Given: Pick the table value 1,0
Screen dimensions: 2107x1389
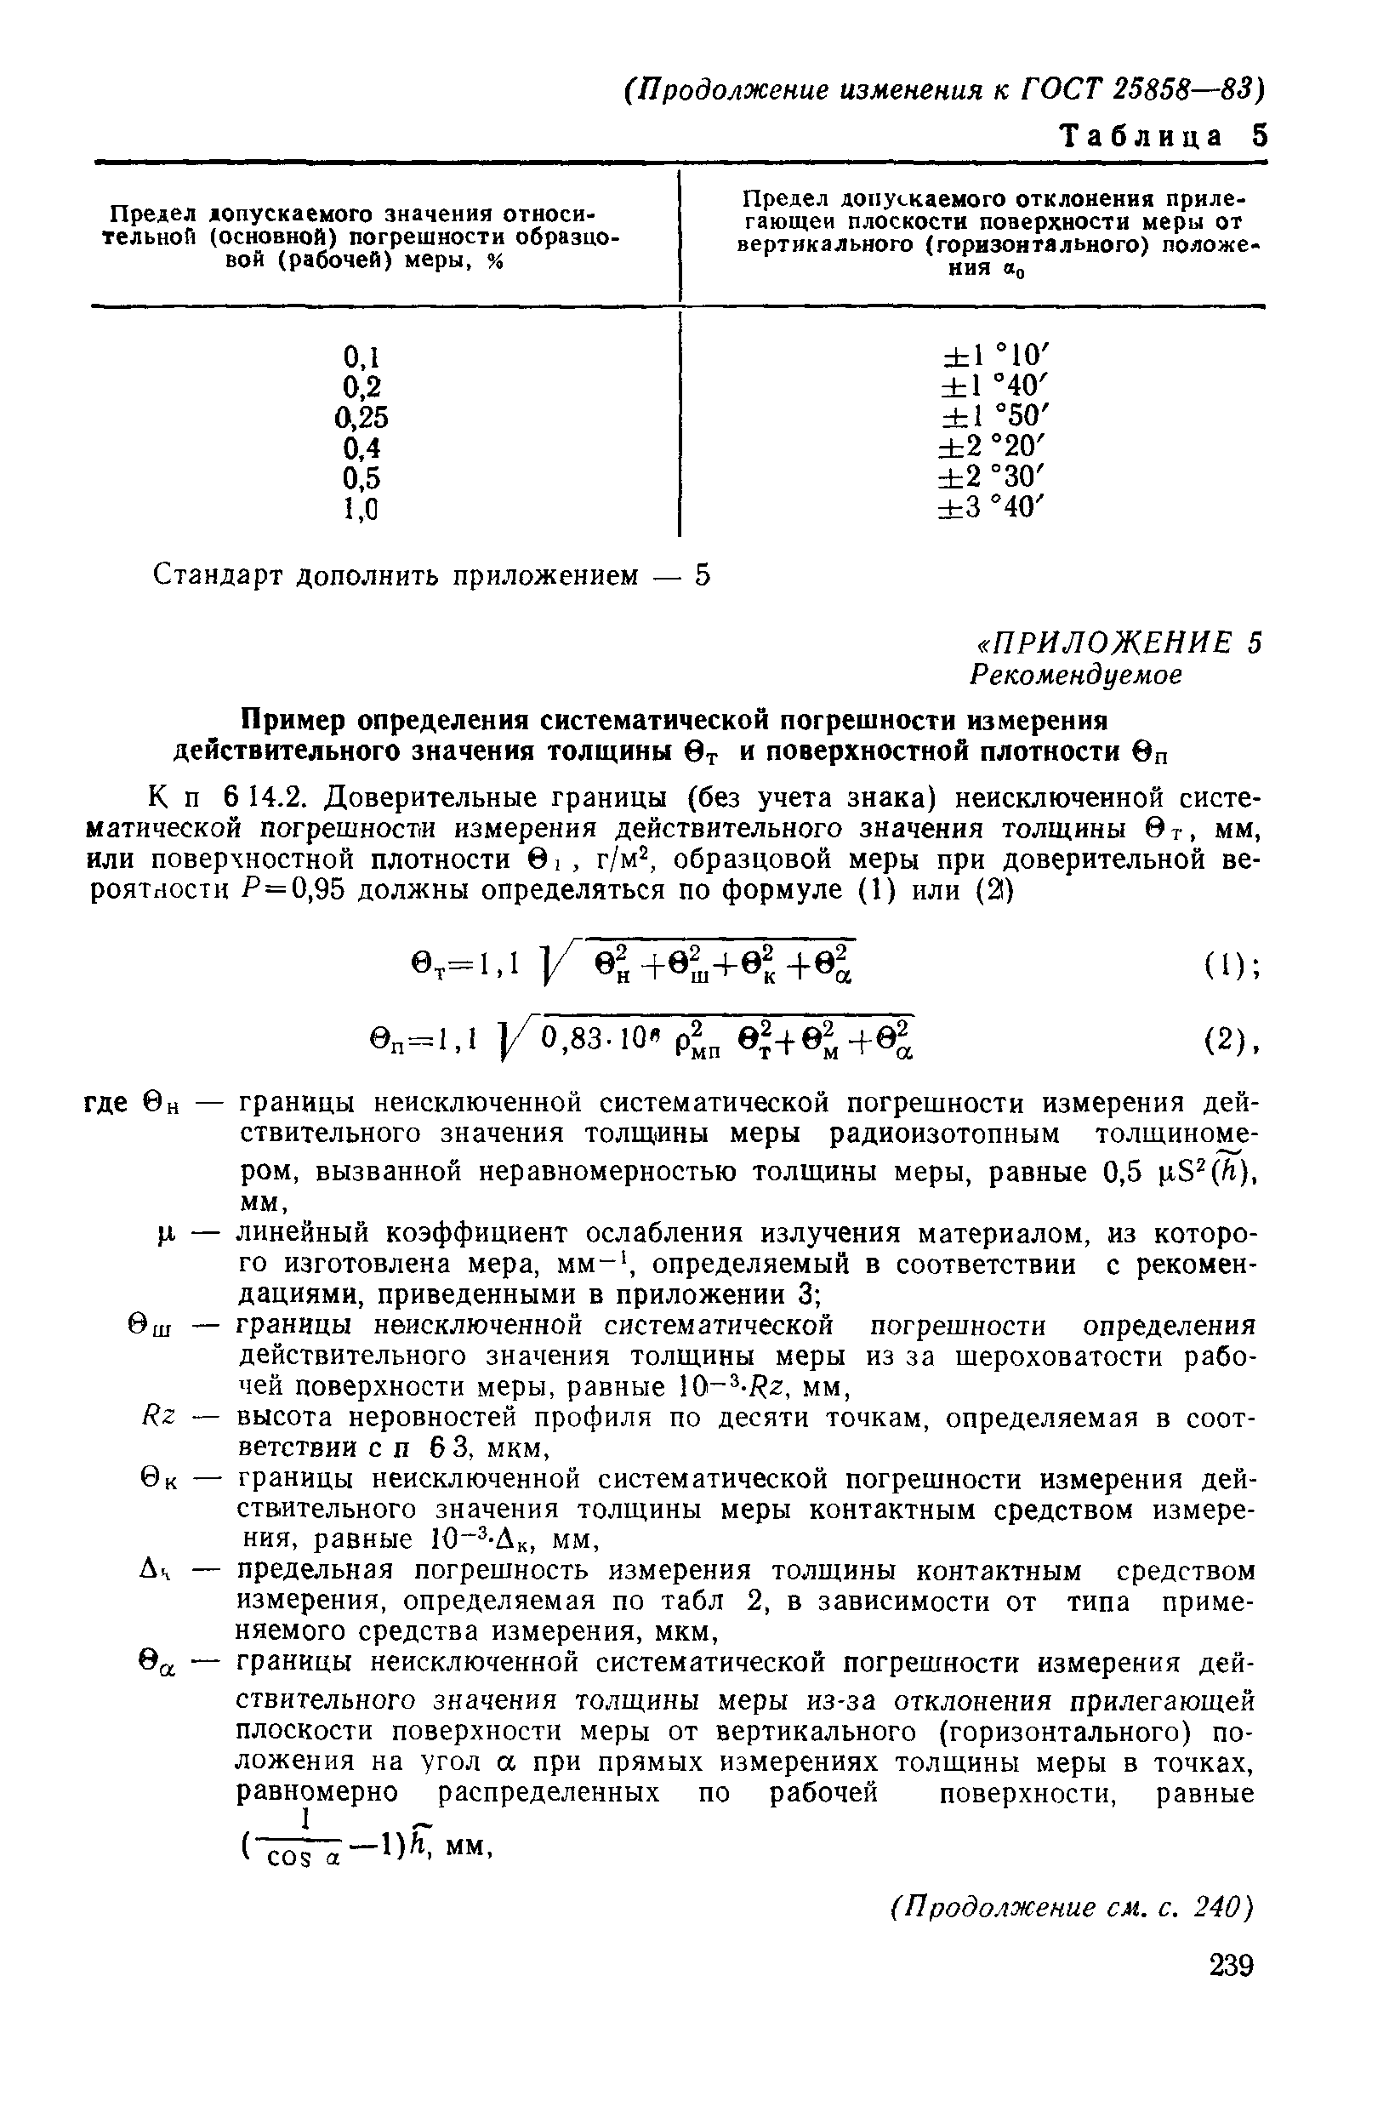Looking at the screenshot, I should click(361, 509).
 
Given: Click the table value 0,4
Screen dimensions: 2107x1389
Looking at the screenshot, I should click(361, 448).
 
